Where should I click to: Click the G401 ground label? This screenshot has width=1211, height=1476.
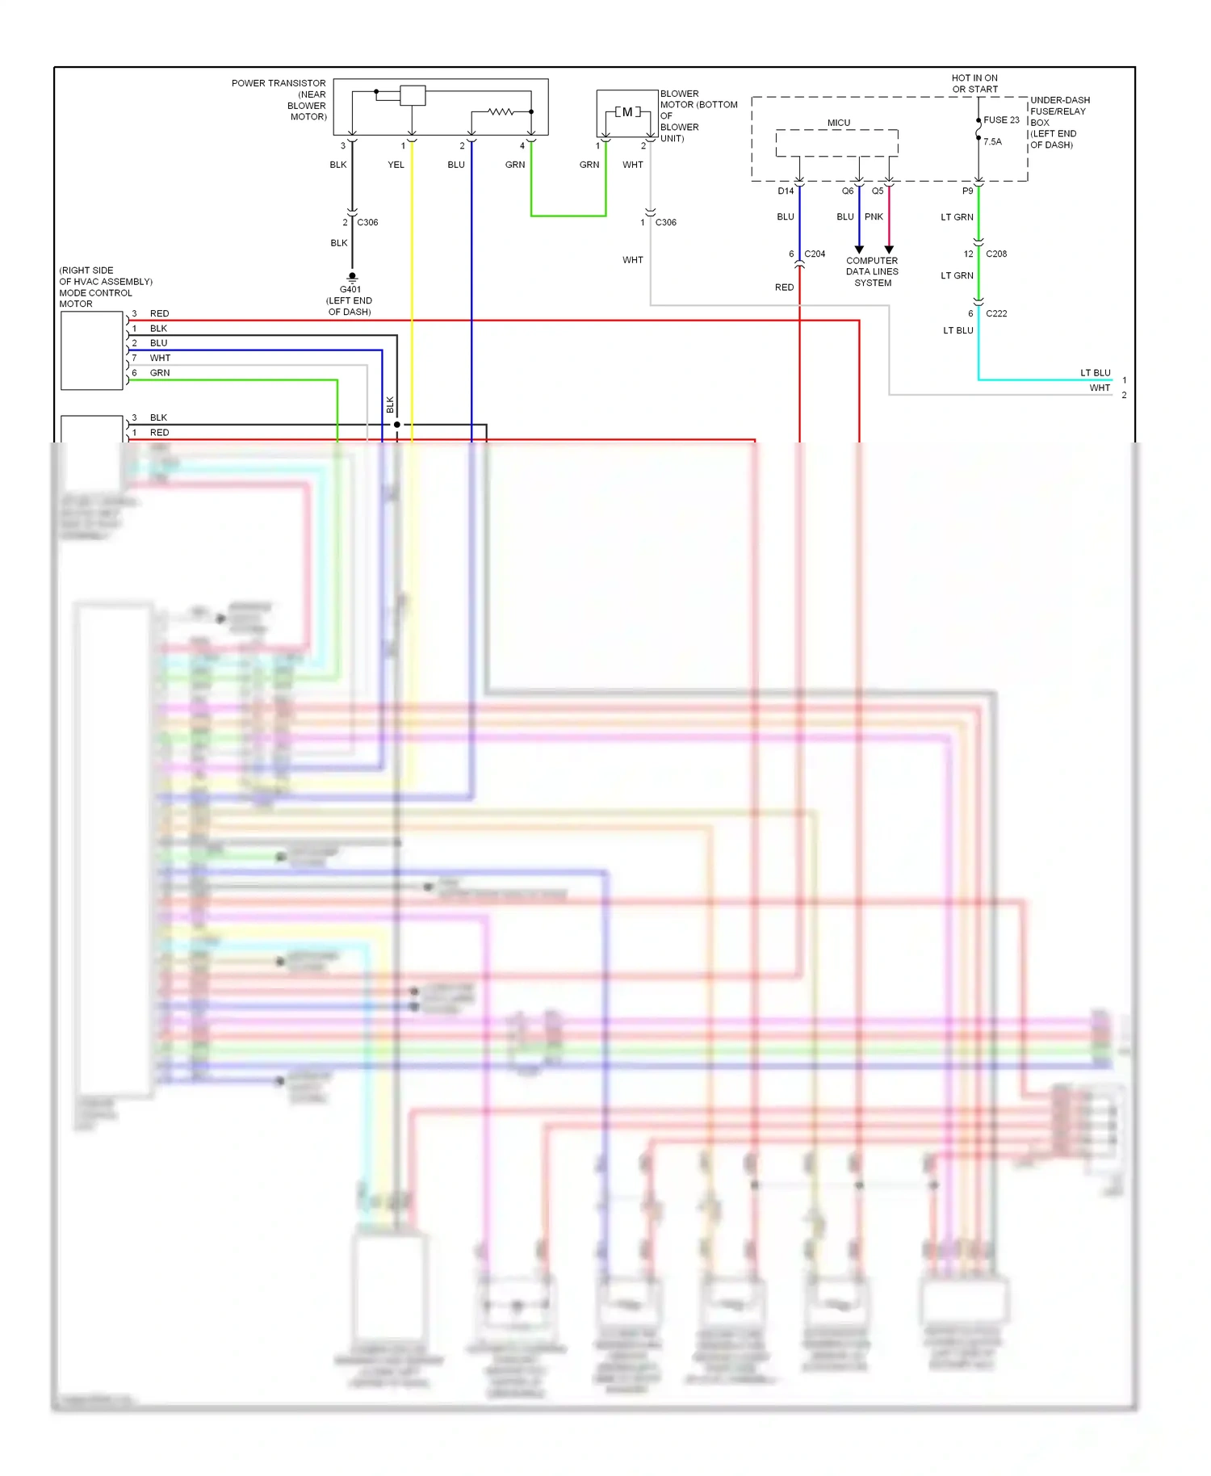tap(350, 289)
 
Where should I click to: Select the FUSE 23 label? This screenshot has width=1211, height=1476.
tap(1001, 120)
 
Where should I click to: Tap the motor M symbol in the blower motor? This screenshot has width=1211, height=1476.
tap(627, 112)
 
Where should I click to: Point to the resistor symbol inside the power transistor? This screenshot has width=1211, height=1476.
tap(501, 111)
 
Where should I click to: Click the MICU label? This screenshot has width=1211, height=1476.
tap(838, 123)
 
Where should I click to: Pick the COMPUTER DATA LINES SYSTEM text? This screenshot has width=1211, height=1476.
tap(872, 271)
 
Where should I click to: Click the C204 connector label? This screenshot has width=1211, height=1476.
tap(815, 254)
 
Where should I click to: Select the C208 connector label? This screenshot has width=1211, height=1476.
tap(996, 254)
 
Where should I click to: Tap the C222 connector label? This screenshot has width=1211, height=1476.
tap(996, 313)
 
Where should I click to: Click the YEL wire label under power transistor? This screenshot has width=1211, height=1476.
tap(396, 165)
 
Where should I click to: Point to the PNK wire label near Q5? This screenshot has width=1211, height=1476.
tap(874, 216)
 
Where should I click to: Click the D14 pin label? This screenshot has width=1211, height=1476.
tap(786, 191)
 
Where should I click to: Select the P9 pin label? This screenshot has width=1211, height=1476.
tap(967, 191)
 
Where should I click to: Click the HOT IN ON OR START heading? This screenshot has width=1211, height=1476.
tap(974, 84)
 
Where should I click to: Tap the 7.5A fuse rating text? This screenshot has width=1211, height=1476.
tap(992, 141)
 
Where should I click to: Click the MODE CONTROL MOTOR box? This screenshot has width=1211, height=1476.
tap(92, 350)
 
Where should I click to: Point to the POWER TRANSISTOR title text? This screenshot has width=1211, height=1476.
tap(279, 83)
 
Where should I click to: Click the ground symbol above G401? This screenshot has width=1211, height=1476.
tap(352, 278)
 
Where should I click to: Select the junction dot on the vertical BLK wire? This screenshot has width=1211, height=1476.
tap(396, 425)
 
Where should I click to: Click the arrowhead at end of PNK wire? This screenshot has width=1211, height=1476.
tap(889, 249)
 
